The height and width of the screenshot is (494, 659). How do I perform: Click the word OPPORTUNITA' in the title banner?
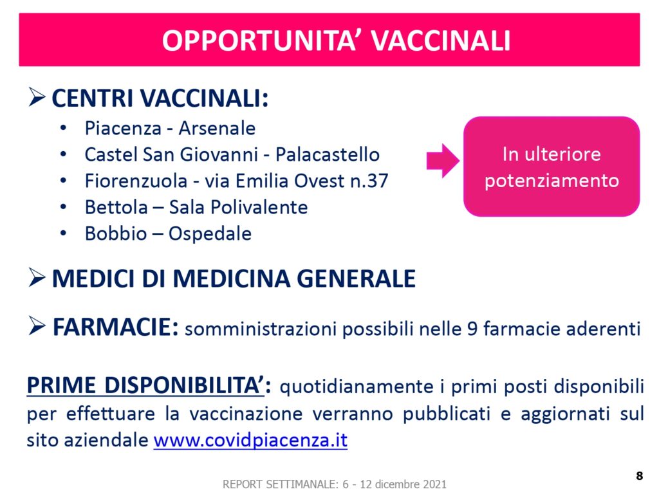(x=260, y=41)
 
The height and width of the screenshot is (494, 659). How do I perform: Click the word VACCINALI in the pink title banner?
(x=440, y=41)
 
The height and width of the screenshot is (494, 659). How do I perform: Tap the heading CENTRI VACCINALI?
(x=160, y=98)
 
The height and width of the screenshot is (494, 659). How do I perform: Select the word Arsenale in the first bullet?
(x=217, y=128)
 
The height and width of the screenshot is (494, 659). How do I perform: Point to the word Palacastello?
(x=328, y=154)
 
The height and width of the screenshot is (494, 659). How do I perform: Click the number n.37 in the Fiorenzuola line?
(x=369, y=181)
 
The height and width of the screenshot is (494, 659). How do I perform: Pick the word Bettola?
(x=116, y=207)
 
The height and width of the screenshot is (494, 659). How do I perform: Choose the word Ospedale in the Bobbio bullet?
(x=210, y=234)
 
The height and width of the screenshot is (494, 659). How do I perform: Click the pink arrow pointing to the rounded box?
(x=443, y=161)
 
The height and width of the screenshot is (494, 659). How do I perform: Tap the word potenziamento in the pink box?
(x=552, y=181)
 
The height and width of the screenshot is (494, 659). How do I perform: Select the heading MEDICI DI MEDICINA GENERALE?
(x=234, y=279)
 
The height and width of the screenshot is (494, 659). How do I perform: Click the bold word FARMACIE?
(x=116, y=327)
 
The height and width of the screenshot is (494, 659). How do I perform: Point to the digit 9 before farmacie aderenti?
(x=472, y=329)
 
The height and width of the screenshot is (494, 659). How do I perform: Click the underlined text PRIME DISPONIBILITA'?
(x=145, y=385)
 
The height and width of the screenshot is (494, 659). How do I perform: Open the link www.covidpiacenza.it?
(x=250, y=440)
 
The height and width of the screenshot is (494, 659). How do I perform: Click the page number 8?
(x=639, y=475)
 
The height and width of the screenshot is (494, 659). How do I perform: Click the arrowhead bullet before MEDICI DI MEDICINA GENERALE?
(x=37, y=278)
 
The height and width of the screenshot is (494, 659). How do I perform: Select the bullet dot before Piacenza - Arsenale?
(x=63, y=128)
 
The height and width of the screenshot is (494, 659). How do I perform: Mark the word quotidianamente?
(x=357, y=387)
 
